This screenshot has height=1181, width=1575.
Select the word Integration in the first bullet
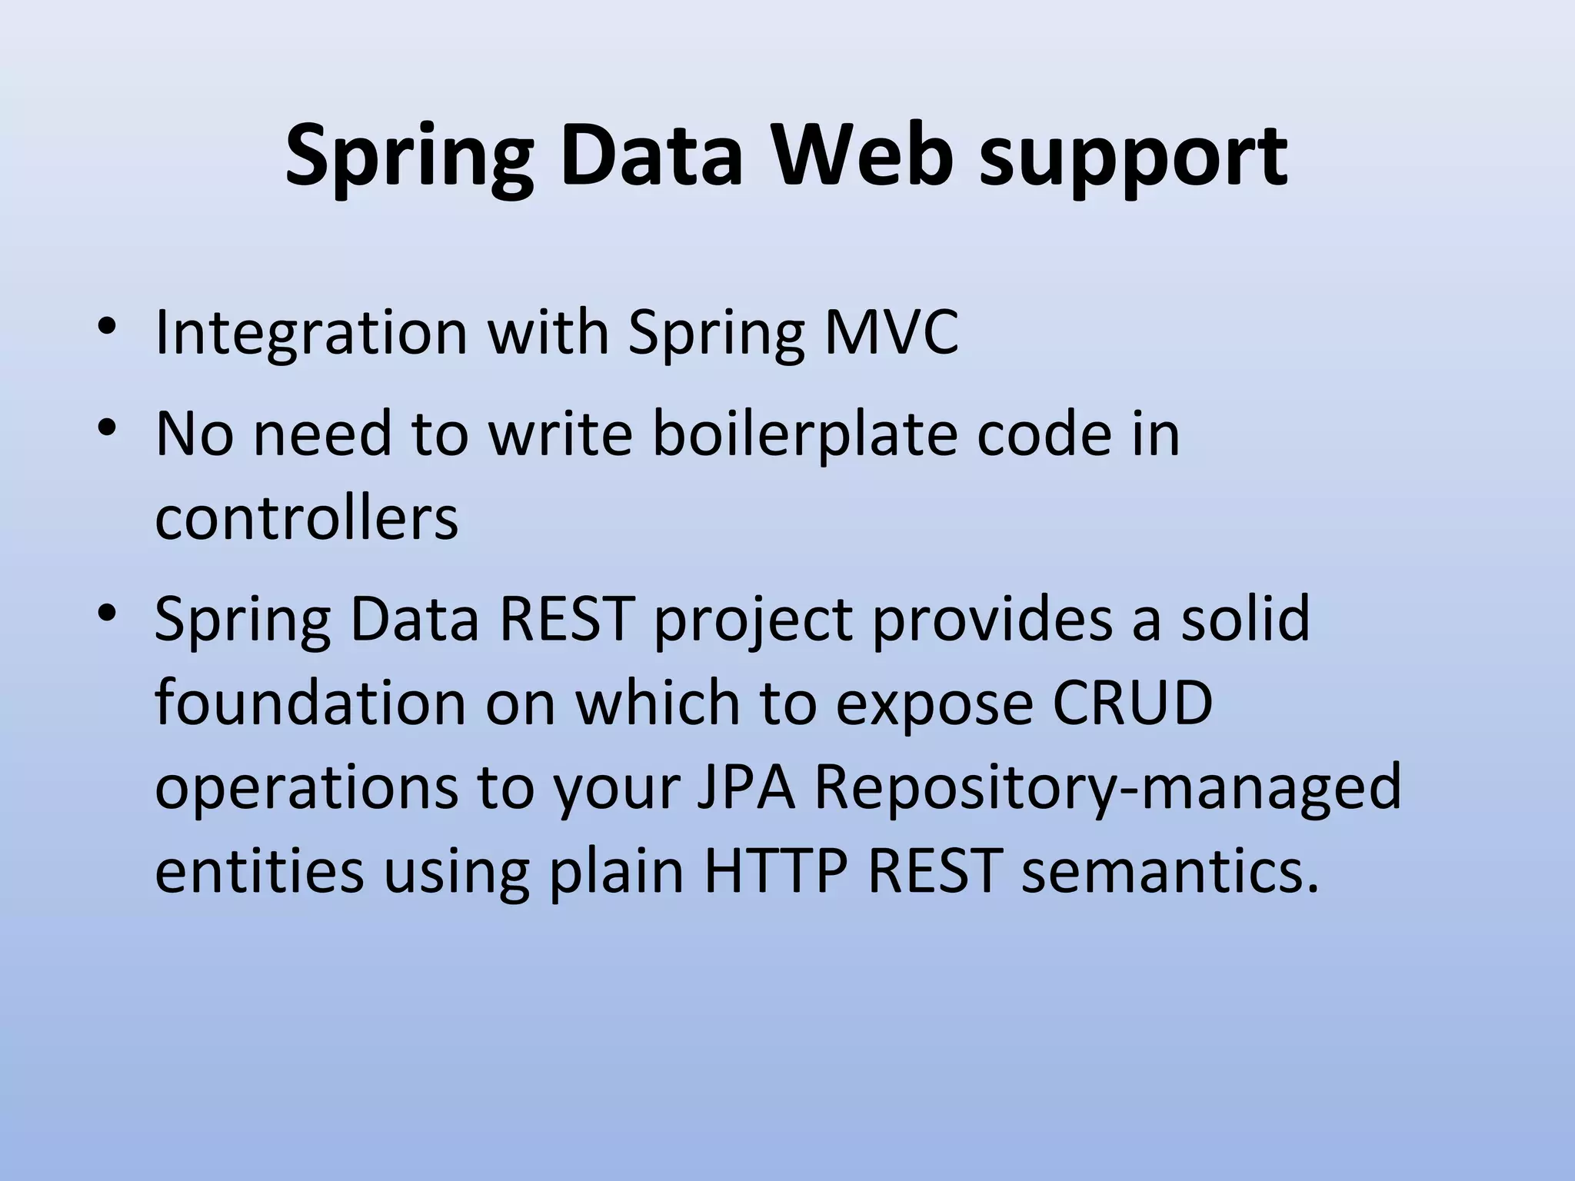click(x=311, y=334)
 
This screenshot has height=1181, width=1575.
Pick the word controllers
click(x=306, y=517)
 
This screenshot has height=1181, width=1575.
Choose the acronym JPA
click(x=746, y=787)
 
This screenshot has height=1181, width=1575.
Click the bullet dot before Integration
click(x=107, y=331)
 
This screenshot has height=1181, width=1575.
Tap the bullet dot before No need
click(x=107, y=427)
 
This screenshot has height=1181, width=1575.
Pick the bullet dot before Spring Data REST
click(x=107, y=614)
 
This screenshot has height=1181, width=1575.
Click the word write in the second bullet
click(x=560, y=434)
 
